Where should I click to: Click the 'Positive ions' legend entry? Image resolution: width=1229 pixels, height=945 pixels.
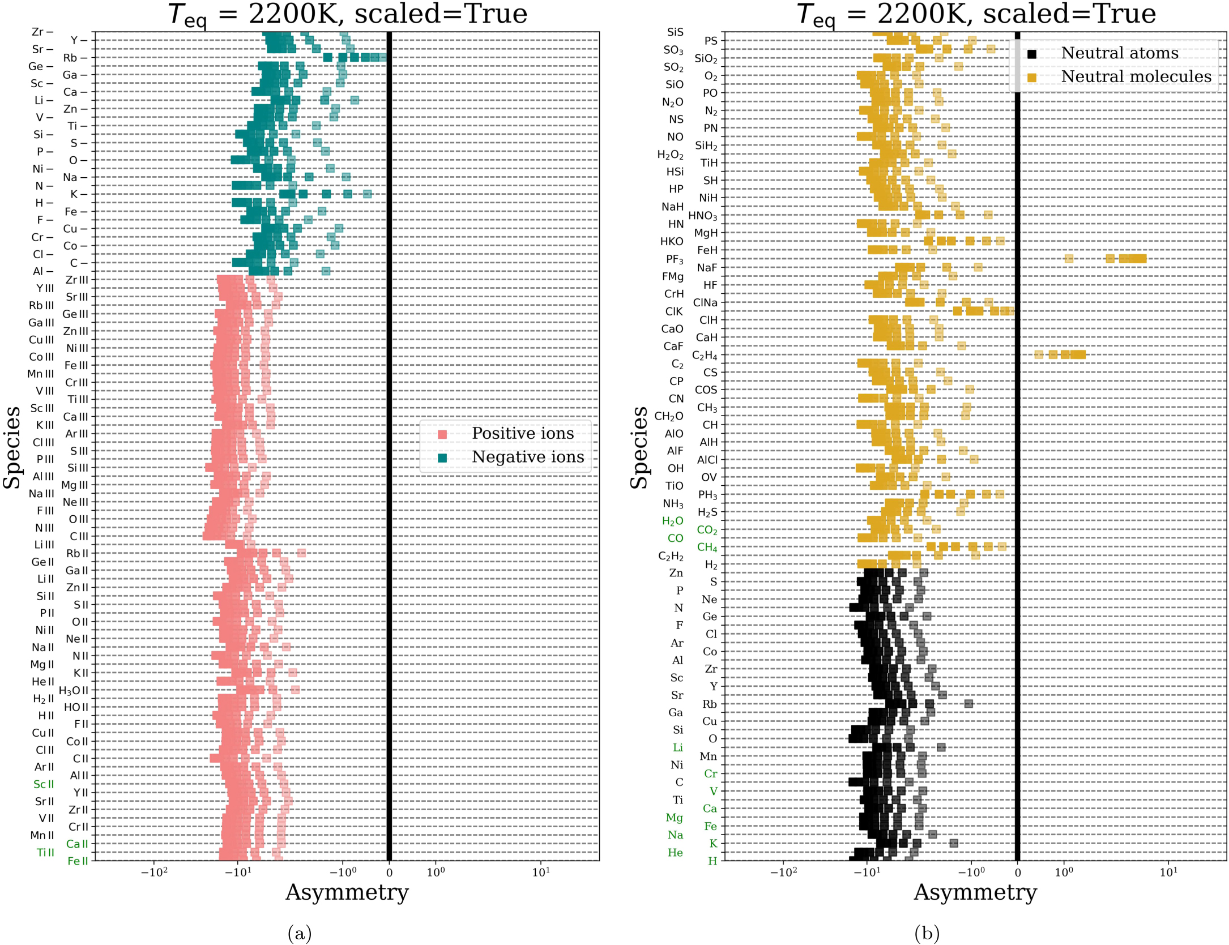[x=522, y=434]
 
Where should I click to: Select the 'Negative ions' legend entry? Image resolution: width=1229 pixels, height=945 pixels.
[x=527, y=457]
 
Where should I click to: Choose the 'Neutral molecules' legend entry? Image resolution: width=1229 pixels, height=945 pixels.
[x=1136, y=77]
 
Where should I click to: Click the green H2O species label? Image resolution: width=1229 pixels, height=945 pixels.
[x=672, y=521]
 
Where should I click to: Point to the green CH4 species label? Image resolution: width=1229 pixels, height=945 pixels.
[x=707, y=547]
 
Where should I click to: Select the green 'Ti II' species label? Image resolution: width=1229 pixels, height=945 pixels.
[x=45, y=852]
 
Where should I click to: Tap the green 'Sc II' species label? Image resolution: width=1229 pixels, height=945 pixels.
[x=44, y=784]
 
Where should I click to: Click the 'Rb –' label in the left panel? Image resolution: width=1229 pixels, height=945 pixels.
[x=75, y=58]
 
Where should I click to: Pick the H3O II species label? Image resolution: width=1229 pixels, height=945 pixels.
[x=74, y=690]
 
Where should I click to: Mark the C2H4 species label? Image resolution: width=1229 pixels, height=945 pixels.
[x=705, y=356]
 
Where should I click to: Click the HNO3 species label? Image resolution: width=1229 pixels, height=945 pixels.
[x=702, y=216]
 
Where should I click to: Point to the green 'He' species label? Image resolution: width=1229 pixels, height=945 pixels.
[x=675, y=852]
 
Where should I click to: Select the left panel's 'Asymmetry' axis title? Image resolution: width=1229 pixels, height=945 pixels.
[x=347, y=892]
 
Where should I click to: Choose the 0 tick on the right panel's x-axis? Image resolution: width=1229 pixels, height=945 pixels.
[x=1017, y=873]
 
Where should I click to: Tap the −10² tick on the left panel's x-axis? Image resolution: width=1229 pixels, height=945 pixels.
[x=154, y=872]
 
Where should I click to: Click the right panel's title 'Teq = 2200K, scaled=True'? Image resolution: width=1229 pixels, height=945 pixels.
[x=976, y=14]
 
